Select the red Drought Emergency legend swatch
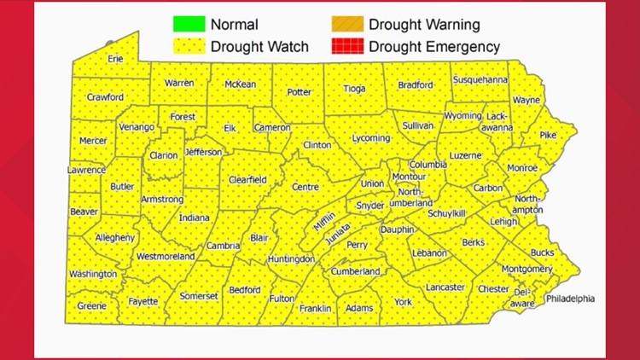[x=346, y=47]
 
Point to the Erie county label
[x=115, y=59]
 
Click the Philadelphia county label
[x=570, y=299]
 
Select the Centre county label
[x=305, y=187]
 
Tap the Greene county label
[x=92, y=305]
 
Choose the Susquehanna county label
[x=480, y=80]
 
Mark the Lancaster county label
[x=445, y=287]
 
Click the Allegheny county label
[x=114, y=237]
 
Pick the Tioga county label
[x=354, y=88]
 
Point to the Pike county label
[x=547, y=135]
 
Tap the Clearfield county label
[x=247, y=180]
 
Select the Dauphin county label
[x=397, y=229]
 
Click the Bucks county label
[x=542, y=253]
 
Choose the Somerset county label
[x=199, y=296]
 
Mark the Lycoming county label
[x=371, y=137]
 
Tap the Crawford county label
[x=105, y=97]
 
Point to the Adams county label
[x=359, y=308]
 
